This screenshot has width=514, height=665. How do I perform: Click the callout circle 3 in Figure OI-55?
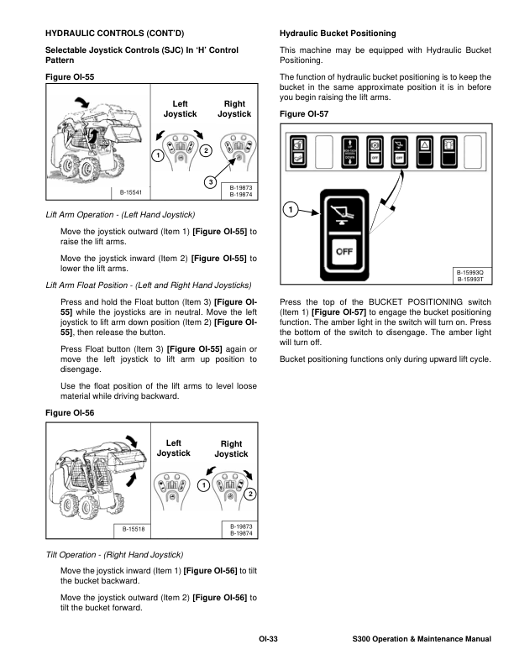[211, 183]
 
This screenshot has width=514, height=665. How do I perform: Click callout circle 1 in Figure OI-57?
[290, 208]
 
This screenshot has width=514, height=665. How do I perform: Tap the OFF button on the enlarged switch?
[344, 250]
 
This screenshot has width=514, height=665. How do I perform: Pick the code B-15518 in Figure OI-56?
[134, 530]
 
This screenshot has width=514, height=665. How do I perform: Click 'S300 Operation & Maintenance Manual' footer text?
[422, 641]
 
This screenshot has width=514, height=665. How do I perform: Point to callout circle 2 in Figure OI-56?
[249, 493]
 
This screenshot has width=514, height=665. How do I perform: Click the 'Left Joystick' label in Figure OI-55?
[180, 108]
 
